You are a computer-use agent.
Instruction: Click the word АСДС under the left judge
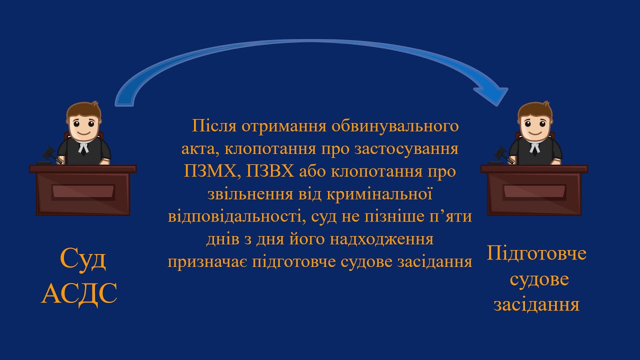[79, 293]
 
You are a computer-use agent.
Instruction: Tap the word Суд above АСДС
[83, 259]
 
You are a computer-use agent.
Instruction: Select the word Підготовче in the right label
[536, 253]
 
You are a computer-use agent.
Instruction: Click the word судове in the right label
[539, 279]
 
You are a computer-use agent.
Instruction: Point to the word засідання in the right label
[536, 304]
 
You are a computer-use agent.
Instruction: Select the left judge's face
[82, 124]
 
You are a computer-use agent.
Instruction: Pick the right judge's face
[534, 124]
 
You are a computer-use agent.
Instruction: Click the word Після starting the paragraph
[214, 125]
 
